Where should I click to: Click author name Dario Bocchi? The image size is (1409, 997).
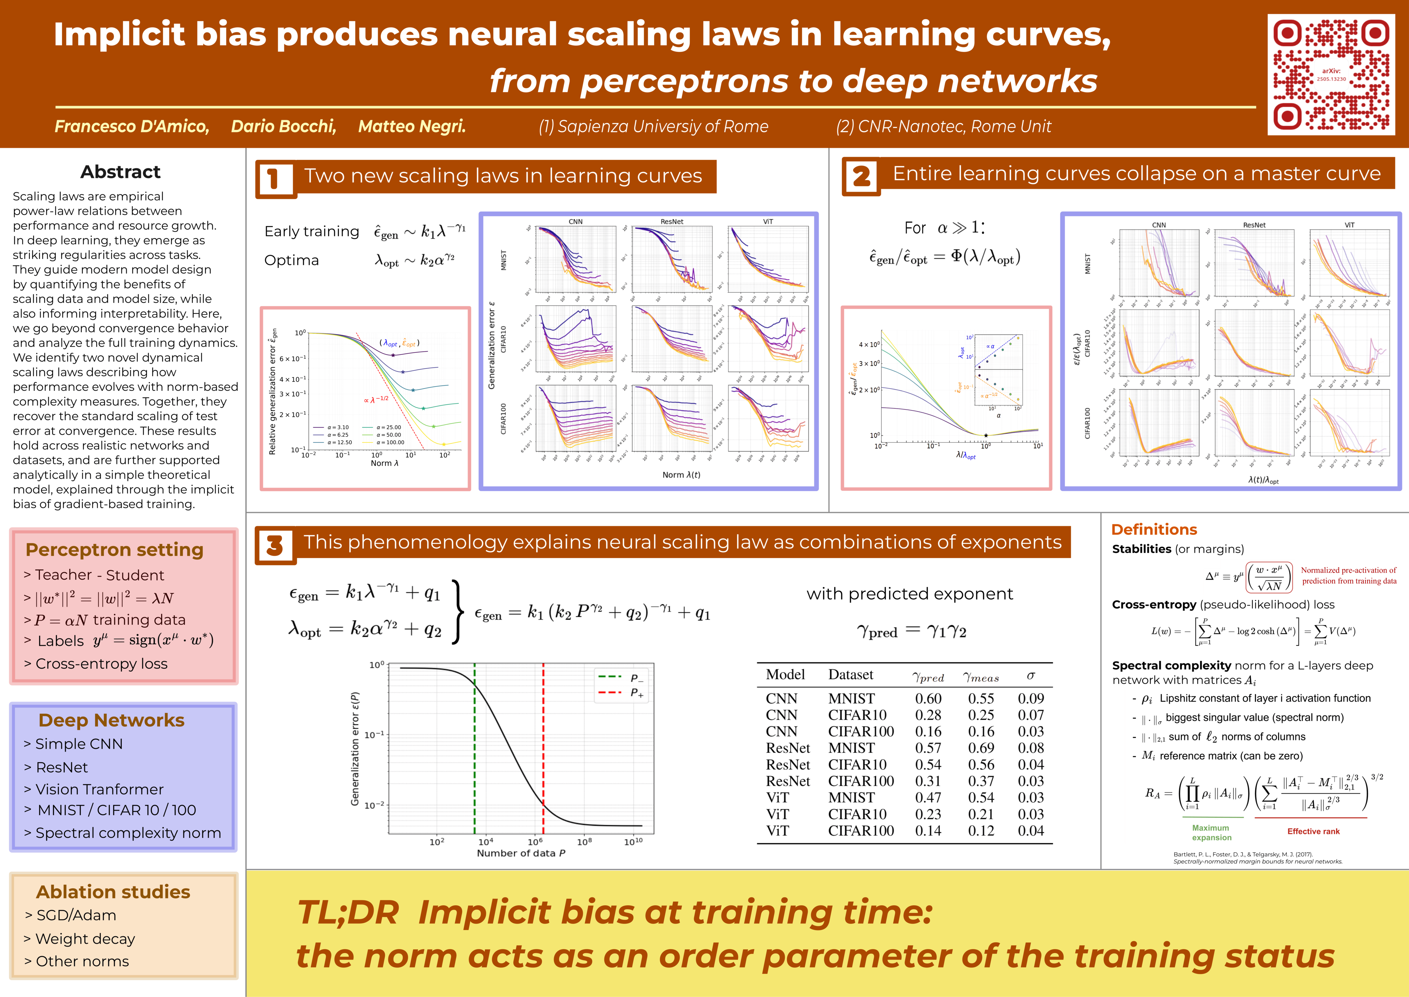pyautogui.click(x=283, y=126)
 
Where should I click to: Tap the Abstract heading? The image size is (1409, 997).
pyautogui.click(x=120, y=172)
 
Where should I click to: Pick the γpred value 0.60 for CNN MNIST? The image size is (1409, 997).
pyautogui.click(x=928, y=699)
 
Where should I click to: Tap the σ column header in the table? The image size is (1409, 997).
pyautogui.click(x=1030, y=675)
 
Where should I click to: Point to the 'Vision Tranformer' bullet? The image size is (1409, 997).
pyautogui.click(x=99, y=790)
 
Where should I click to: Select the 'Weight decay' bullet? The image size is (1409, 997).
pyautogui.click(x=85, y=939)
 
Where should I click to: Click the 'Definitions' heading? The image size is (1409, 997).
pyautogui.click(x=1154, y=529)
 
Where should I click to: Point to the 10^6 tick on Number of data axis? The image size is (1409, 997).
pyautogui.click(x=535, y=842)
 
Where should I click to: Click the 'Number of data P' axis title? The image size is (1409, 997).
pyautogui.click(x=521, y=853)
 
